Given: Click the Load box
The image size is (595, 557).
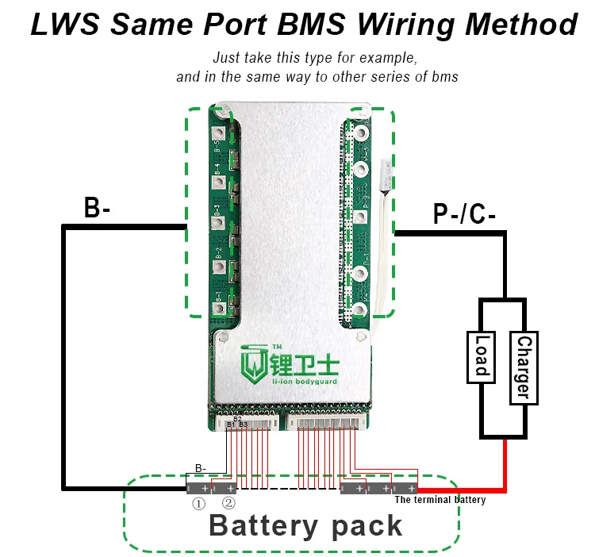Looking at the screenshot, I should (x=482, y=355).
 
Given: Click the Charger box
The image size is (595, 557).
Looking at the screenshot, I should (x=522, y=367).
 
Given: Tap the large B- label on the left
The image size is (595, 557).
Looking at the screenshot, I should (x=98, y=208).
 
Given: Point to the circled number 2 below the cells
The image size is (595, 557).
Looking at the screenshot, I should (x=228, y=503).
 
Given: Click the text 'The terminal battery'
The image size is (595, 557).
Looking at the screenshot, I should (x=440, y=500).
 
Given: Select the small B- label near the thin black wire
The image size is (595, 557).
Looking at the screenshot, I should (x=201, y=467).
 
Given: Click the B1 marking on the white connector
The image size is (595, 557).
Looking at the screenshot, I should (x=231, y=425).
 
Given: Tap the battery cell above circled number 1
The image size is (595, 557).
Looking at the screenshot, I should (x=198, y=488).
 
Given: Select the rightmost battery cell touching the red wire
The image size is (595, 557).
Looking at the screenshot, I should (x=406, y=488).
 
